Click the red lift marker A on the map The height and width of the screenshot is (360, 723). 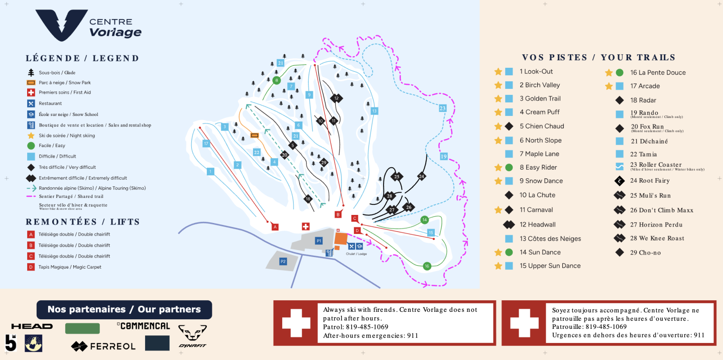(x=275, y=227)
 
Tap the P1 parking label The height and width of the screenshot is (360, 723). (x=318, y=241)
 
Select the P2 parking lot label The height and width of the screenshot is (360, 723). (x=283, y=261)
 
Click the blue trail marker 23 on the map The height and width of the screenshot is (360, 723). (x=442, y=108)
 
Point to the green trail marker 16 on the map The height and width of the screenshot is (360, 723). (x=427, y=266)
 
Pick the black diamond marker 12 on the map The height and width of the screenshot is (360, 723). (x=336, y=98)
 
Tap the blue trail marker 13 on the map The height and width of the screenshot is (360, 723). (x=374, y=110)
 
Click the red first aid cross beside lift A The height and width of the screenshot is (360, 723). (x=305, y=226)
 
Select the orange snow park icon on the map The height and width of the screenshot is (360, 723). (x=255, y=135)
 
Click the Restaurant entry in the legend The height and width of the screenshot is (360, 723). (x=50, y=103)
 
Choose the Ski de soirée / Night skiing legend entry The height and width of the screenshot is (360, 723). (x=67, y=136)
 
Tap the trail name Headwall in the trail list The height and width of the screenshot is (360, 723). (x=537, y=224)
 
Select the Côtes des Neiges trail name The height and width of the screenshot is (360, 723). (x=550, y=238)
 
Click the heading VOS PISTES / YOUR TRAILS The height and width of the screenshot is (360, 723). (x=598, y=57)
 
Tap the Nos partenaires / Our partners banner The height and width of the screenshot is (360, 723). (x=124, y=309)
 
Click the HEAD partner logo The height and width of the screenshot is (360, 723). (x=32, y=326)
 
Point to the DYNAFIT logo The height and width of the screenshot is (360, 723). (x=192, y=336)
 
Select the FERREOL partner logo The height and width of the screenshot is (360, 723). (x=103, y=346)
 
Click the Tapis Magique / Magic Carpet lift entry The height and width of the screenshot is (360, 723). (x=70, y=267)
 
